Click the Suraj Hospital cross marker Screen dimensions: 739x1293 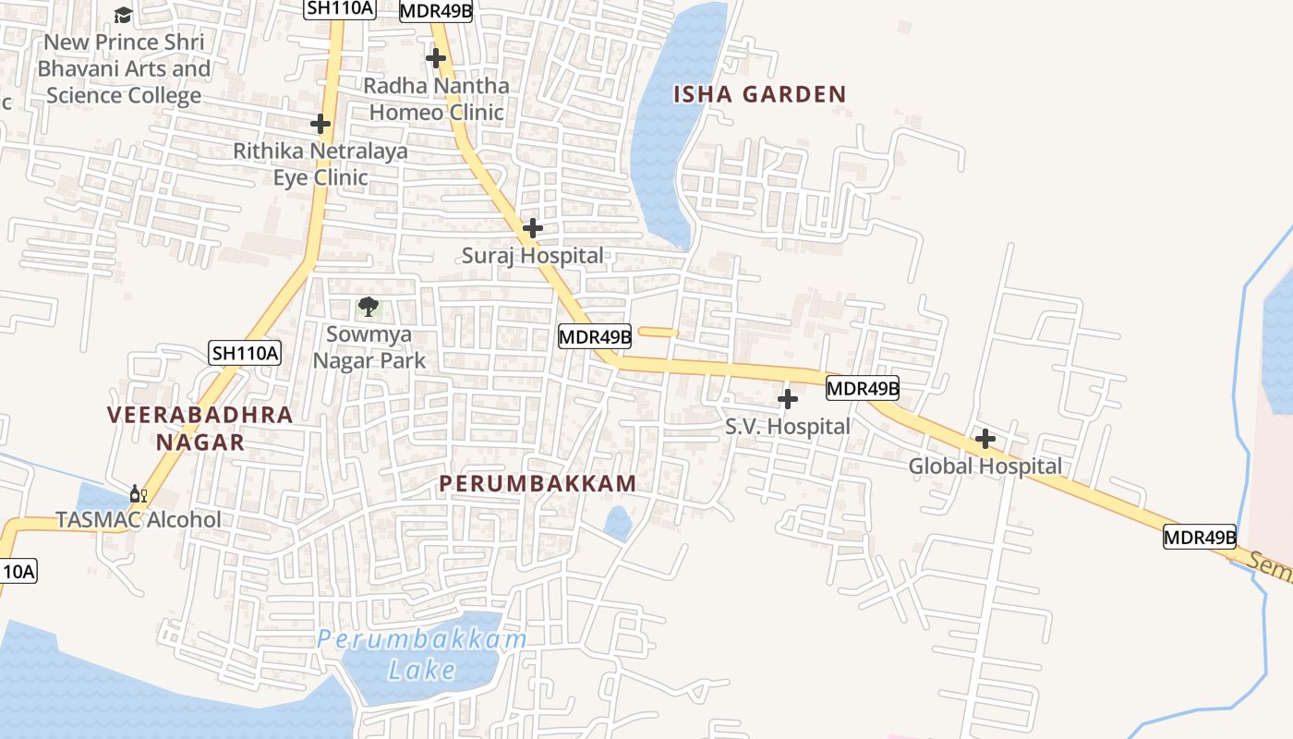pyautogui.click(x=532, y=227)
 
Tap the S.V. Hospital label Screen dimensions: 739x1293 pyautogui.click(x=787, y=427)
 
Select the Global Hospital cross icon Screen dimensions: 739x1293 pyautogui.click(x=985, y=439)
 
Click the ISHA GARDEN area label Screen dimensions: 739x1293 pyautogui.click(x=759, y=94)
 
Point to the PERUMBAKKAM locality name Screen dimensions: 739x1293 pyautogui.click(x=538, y=483)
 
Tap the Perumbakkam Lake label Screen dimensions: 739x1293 pyautogui.click(x=422, y=653)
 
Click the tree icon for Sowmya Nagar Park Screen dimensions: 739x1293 pyautogui.click(x=369, y=307)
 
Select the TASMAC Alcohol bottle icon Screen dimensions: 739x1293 pyautogui.click(x=139, y=495)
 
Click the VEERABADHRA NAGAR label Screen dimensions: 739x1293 pyautogui.click(x=199, y=428)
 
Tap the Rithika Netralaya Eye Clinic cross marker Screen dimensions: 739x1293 pyautogui.click(x=320, y=123)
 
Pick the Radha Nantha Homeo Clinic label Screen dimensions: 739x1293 pyautogui.click(x=436, y=99)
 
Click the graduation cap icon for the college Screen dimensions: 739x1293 pyautogui.click(x=123, y=15)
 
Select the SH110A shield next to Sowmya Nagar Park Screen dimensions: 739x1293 pyautogui.click(x=245, y=352)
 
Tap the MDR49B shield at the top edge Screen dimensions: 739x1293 pyautogui.click(x=436, y=11)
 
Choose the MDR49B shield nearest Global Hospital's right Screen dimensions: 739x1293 pyautogui.click(x=1199, y=537)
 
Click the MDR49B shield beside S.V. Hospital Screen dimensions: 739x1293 pyautogui.click(x=863, y=388)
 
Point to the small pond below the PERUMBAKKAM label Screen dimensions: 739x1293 pyautogui.click(x=618, y=523)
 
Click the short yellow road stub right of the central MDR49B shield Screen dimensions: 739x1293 pyautogui.click(x=659, y=332)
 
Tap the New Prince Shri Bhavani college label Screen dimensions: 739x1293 pyautogui.click(x=124, y=68)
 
